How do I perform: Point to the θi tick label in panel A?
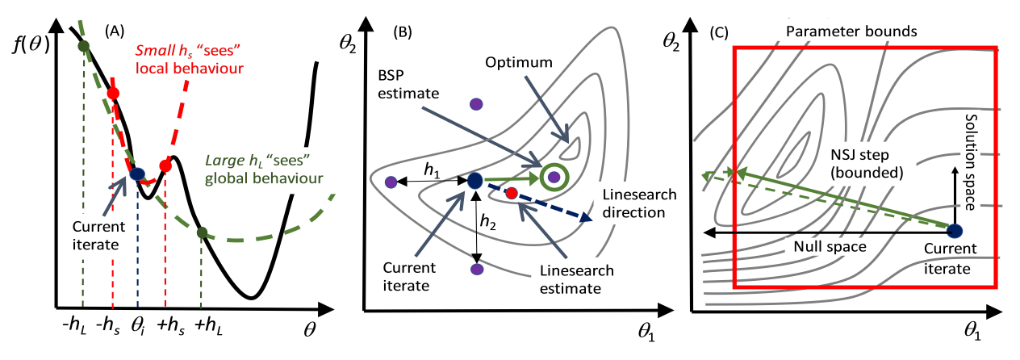(x=139, y=329)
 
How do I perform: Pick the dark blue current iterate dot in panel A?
(x=137, y=173)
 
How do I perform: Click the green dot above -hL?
(x=84, y=46)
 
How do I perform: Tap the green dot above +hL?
(x=202, y=233)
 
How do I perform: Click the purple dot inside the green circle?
(x=554, y=176)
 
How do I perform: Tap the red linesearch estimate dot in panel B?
(x=511, y=193)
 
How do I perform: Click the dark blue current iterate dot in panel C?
(x=955, y=230)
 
